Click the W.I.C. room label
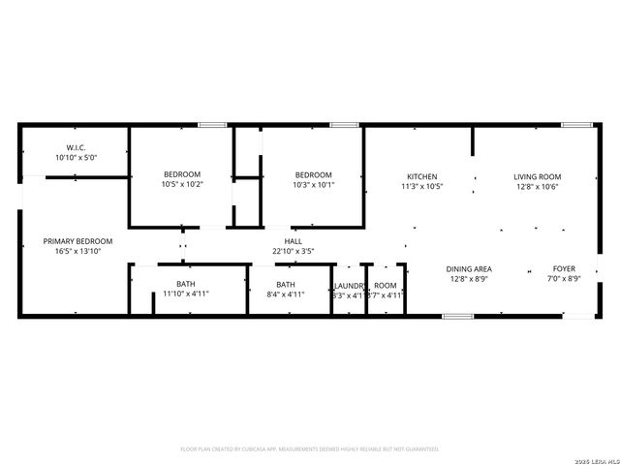pyautogui.click(x=77, y=147)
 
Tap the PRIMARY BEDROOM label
pyautogui.click(x=77, y=241)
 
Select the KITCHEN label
pyautogui.click(x=421, y=176)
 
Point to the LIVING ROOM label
pyautogui.click(x=538, y=176)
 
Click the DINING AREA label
pyautogui.click(x=469, y=268)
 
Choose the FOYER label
pyautogui.click(x=564, y=268)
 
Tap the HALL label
pyautogui.click(x=293, y=241)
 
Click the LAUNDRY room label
pyautogui.click(x=349, y=285)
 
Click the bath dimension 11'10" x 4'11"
pyautogui.click(x=185, y=294)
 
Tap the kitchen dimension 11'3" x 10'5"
pyautogui.click(x=421, y=186)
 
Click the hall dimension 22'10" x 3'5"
pyautogui.click(x=293, y=251)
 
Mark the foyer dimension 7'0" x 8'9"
pyautogui.click(x=564, y=278)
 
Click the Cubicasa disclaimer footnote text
pyautogui.click(x=310, y=449)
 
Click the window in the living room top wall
pyautogui.click(x=577, y=125)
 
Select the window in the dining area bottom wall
pyautogui.click(x=457, y=316)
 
